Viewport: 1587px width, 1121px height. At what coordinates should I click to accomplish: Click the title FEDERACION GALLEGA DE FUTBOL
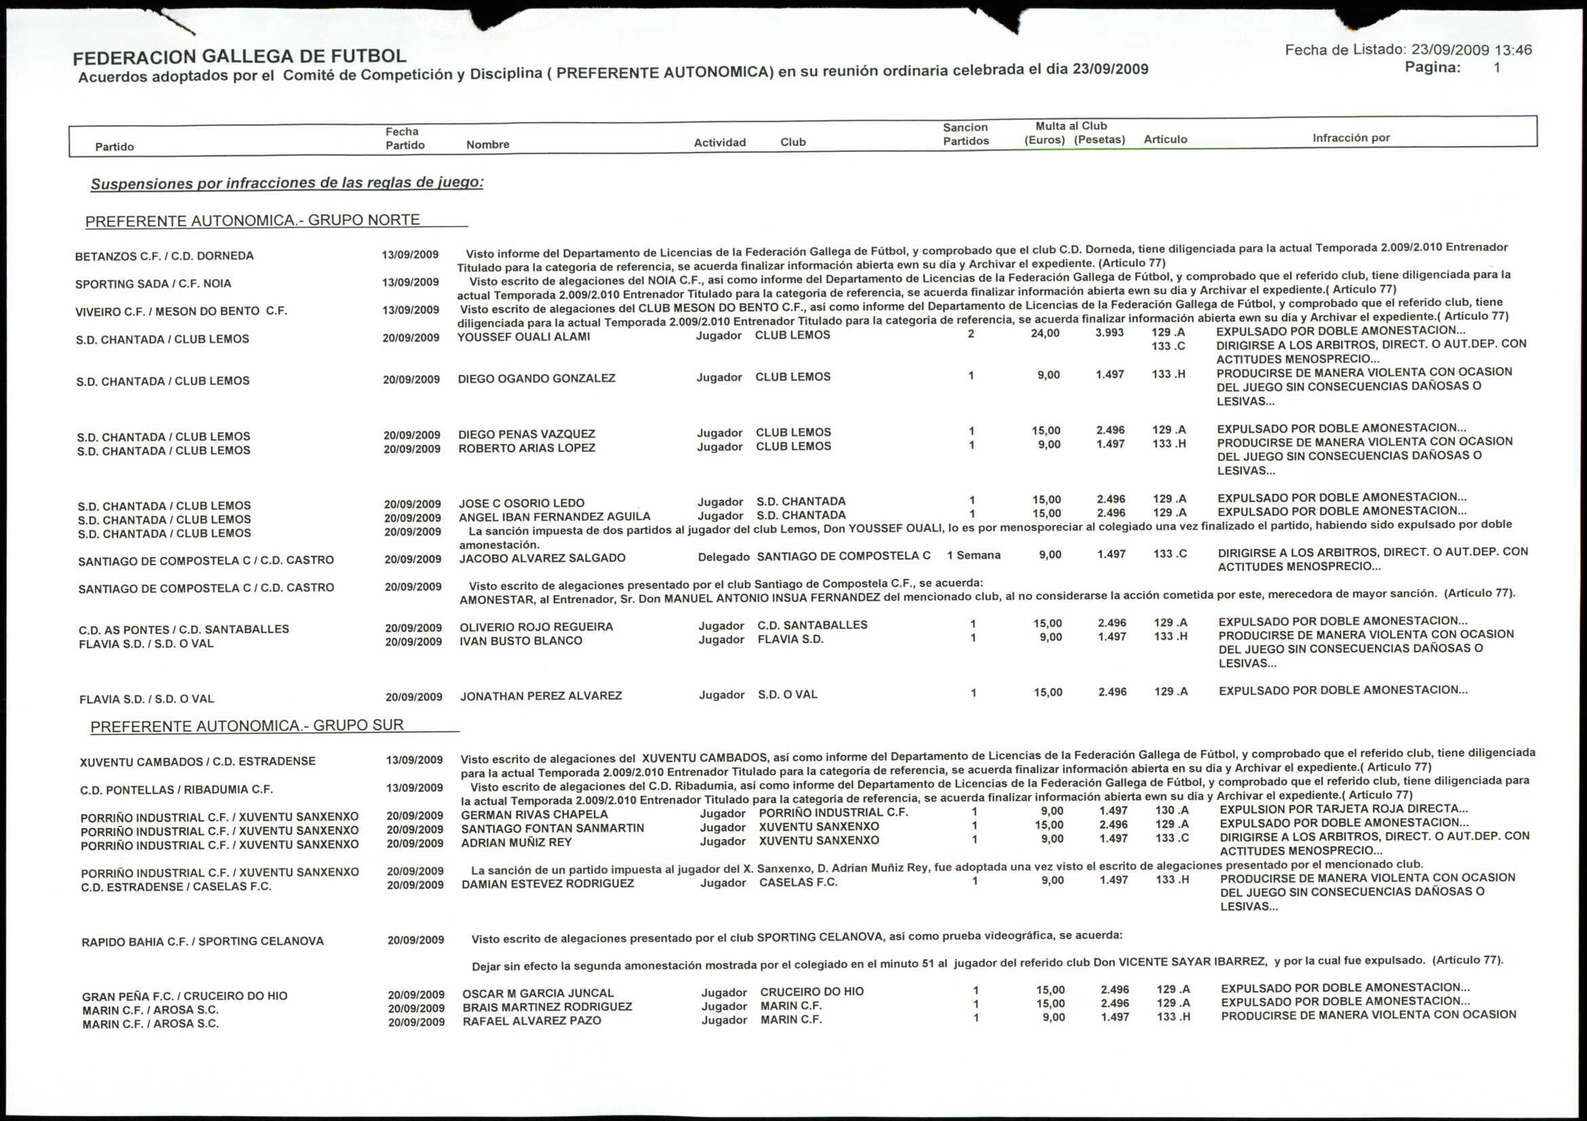[x=240, y=56]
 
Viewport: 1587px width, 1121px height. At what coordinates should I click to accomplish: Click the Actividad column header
[x=720, y=142]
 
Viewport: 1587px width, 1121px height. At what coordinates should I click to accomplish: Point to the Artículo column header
[x=1165, y=139]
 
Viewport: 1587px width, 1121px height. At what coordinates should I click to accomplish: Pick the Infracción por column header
[x=1350, y=138]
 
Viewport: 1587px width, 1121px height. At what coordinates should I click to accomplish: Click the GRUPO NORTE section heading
[x=253, y=220]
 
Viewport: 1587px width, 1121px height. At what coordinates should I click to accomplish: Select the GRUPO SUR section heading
[x=248, y=726]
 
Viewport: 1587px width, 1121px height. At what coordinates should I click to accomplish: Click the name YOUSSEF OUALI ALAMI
[x=524, y=336]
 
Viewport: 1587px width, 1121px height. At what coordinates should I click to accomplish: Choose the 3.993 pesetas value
[x=1110, y=332]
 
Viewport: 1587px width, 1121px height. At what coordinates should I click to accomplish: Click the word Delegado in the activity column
[x=723, y=557]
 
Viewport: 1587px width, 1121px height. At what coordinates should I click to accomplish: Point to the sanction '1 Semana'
[x=973, y=555]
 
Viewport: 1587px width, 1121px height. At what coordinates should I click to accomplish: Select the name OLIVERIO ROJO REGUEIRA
[x=536, y=627]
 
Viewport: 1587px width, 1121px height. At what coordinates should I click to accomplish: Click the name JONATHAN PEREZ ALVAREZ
[x=541, y=696]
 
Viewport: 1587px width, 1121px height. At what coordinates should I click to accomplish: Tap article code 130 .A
[x=1171, y=810]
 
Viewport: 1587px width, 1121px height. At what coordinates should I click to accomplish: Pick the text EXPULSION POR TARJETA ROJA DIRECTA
[x=1344, y=808]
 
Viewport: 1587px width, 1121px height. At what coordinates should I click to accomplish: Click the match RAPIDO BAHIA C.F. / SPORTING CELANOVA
[x=203, y=941]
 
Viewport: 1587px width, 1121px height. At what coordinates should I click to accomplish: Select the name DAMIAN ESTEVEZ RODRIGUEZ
[x=547, y=884]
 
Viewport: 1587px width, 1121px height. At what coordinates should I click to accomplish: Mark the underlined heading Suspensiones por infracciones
[x=287, y=183]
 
